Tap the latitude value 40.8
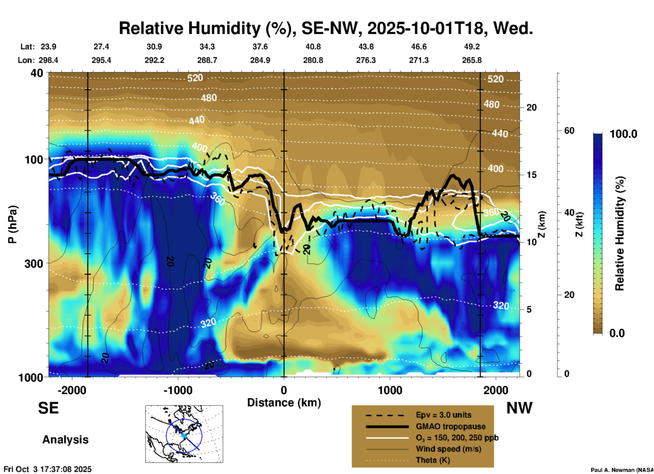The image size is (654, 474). tap(313, 47)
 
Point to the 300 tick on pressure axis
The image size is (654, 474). tap(34, 264)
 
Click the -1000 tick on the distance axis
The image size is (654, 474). tap(178, 390)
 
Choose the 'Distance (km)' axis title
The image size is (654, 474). tap(284, 403)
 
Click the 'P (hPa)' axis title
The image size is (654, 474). tap(13, 224)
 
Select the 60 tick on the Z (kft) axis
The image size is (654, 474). tap(569, 131)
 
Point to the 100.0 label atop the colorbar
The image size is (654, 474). tap(623, 134)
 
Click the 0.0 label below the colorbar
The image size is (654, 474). tap(617, 333)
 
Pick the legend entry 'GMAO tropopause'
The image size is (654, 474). tap(451, 426)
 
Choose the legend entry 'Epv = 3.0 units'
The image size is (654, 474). tap(443, 415)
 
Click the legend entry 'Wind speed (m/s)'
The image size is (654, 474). tap(448, 449)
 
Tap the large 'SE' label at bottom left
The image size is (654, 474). tap(48, 408)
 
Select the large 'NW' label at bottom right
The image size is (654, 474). tap(519, 408)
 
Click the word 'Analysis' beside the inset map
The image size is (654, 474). tap(65, 440)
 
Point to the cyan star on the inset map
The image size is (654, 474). tap(184, 436)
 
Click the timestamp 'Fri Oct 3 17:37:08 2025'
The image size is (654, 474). tap(48, 469)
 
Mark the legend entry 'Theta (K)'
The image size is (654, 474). tap(433, 460)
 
